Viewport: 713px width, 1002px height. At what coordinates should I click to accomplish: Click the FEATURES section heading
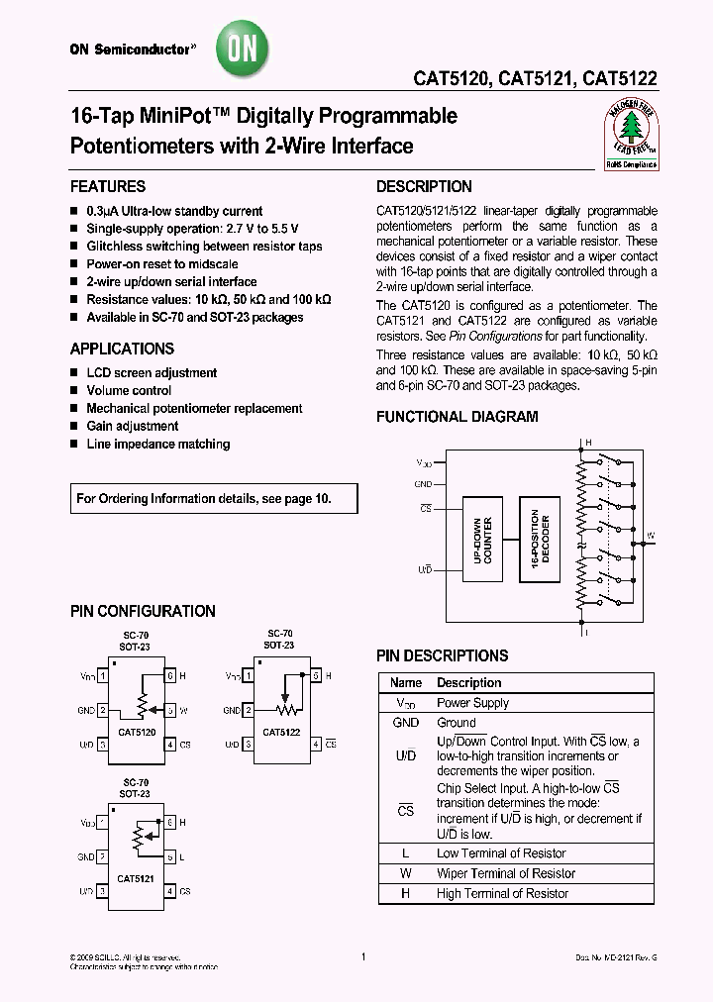[x=108, y=186]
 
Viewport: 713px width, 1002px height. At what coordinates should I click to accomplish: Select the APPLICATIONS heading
[x=122, y=349]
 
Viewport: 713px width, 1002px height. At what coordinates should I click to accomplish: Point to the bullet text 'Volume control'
[x=129, y=390]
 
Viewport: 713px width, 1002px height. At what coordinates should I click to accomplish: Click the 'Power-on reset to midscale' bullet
[x=162, y=264]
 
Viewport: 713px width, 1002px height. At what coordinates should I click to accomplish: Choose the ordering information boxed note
[x=203, y=499]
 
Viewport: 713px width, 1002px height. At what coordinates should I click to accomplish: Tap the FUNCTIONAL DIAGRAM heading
[x=457, y=417]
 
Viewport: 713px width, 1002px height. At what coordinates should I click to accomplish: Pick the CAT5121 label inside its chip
[x=136, y=877]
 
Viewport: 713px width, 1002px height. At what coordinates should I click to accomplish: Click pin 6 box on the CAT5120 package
[x=169, y=675]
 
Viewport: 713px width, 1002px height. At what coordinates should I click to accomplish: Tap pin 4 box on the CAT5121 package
[x=169, y=891]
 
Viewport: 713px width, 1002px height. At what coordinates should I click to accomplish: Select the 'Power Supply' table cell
[x=472, y=703]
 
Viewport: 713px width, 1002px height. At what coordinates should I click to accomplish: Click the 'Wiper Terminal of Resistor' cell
[x=505, y=873]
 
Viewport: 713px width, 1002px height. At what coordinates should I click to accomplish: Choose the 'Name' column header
[x=406, y=683]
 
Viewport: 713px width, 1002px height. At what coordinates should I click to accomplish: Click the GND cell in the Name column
[x=406, y=723]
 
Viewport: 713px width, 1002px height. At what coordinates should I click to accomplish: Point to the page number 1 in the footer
[x=363, y=956]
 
